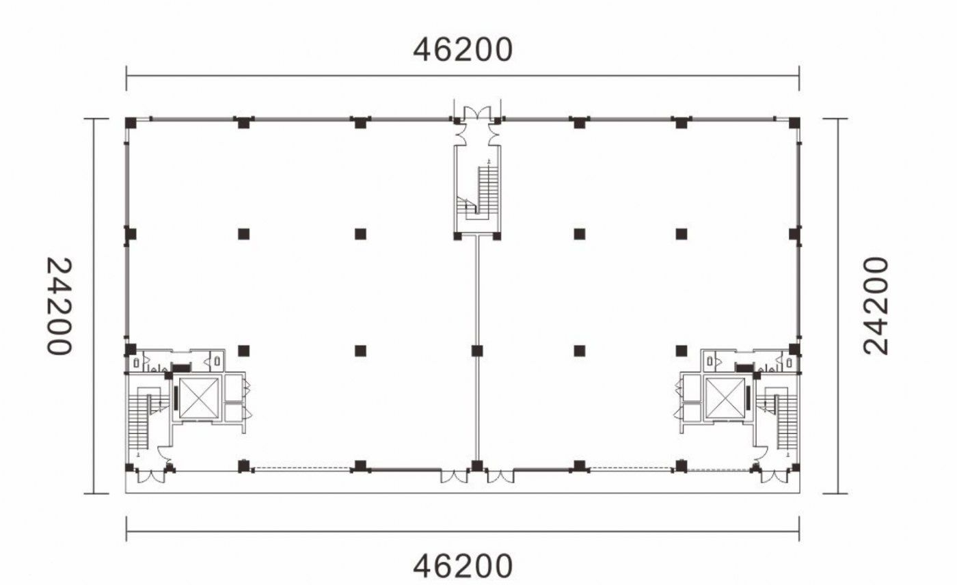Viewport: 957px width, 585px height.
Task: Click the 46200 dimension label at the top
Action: click(x=463, y=49)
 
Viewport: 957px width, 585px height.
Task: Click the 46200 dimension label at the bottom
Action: click(x=463, y=567)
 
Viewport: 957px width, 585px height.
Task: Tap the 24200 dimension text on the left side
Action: click(x=59, y=305)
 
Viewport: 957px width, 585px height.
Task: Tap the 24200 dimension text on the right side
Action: click(x=876, y=305)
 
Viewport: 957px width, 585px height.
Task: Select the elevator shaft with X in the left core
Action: click(x=199, y=398)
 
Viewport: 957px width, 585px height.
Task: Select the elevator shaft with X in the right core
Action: click(x=725, y=398)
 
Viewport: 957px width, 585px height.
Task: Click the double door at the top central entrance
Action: click(x=477, y=113)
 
